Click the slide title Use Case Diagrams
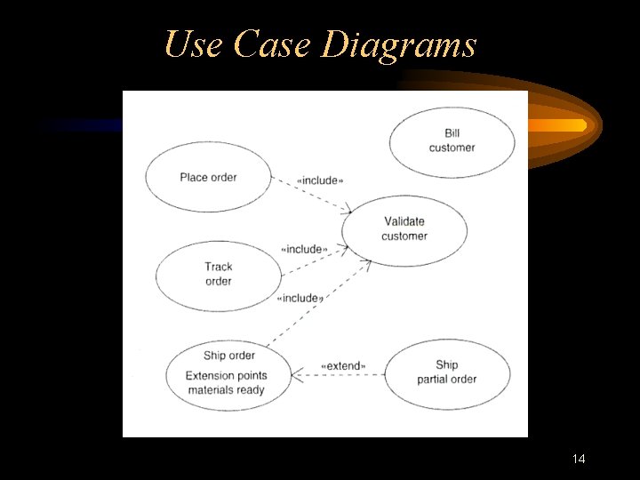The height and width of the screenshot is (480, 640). pyautogui.click(x=320, y=44)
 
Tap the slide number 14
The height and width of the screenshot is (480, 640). pyautogui.click(x=579, y=459)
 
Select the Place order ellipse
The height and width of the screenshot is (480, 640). pyautogui.click(x=208, y=177)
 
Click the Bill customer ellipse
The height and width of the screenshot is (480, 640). pyautogui.click(x=452, y=140)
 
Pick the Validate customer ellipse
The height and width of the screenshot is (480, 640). pyautogui.click(x=404, y=228)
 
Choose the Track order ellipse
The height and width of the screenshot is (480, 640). pyautogui.click(x=219, y=274)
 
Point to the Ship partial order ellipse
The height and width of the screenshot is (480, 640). pyautogui.click(x=447, y=372)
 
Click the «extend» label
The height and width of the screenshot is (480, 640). pyautogui.click(x=342, y=365)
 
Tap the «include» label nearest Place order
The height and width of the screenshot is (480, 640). pyautogui.click(x=319, y=180)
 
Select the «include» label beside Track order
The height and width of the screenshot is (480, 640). pyautogui.click(x=304, y=249)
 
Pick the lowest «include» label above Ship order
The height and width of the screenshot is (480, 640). pyautogui.click(x=300, y=298)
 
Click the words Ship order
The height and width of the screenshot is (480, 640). pyautogui.click(x=228, y=356)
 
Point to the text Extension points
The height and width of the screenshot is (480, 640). pyautogui.click(x=226, y=375)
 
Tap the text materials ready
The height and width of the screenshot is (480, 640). pyautogui.click(x=226, y=389)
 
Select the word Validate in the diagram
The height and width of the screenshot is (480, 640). pyautogui.click(x=404, y=221)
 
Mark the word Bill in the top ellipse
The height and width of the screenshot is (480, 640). pyautogui.click(x=452, y=133)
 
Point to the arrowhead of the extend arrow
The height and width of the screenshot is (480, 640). pyautogui.click(x=297, y=374)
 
